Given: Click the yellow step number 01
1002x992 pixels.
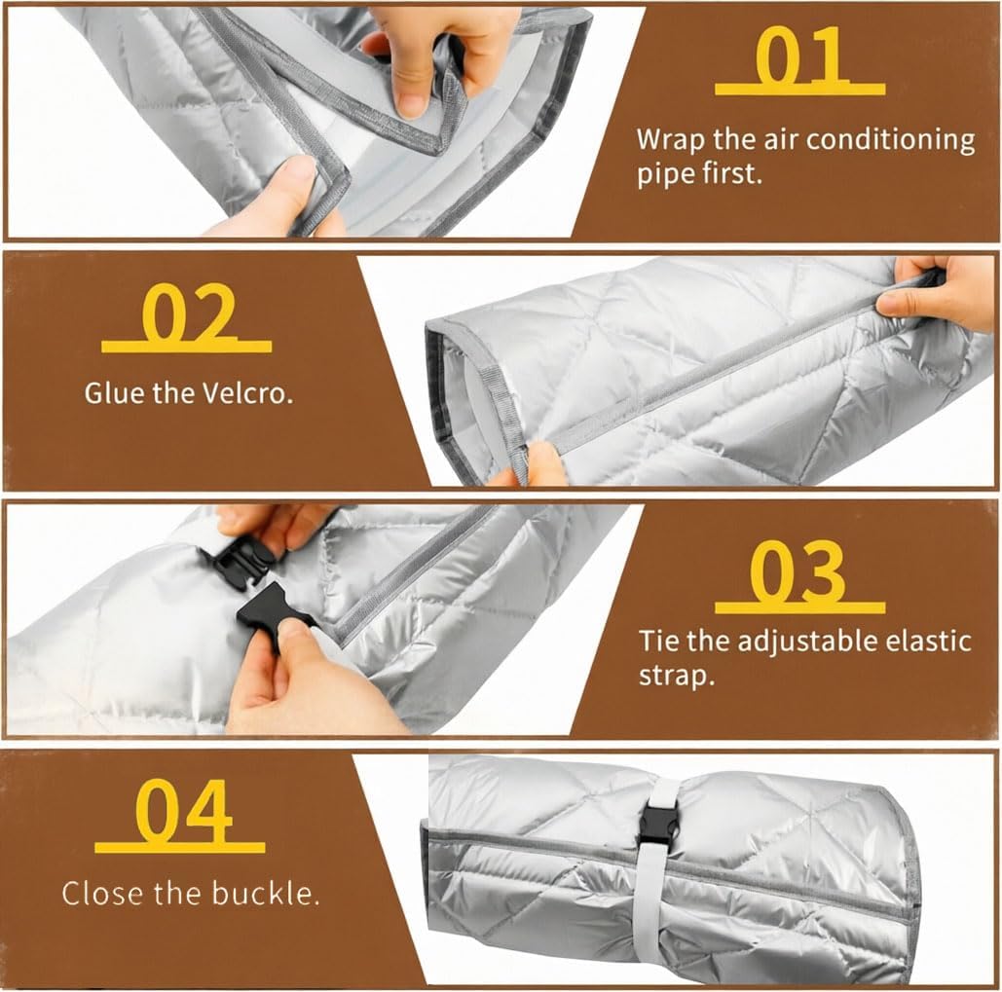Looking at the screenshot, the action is pyautogui.click(x=800, y=56).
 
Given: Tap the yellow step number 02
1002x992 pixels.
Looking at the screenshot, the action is pyautogui.click(x=188, y=313).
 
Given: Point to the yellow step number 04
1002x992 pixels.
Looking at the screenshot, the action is pyautogui.click(x=183, y=811).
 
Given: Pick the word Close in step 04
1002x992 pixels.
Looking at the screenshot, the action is pyautogui.click(x=102, y=893).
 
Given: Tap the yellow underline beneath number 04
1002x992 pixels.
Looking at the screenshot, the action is pyautogui.click(x=179, y=847).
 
